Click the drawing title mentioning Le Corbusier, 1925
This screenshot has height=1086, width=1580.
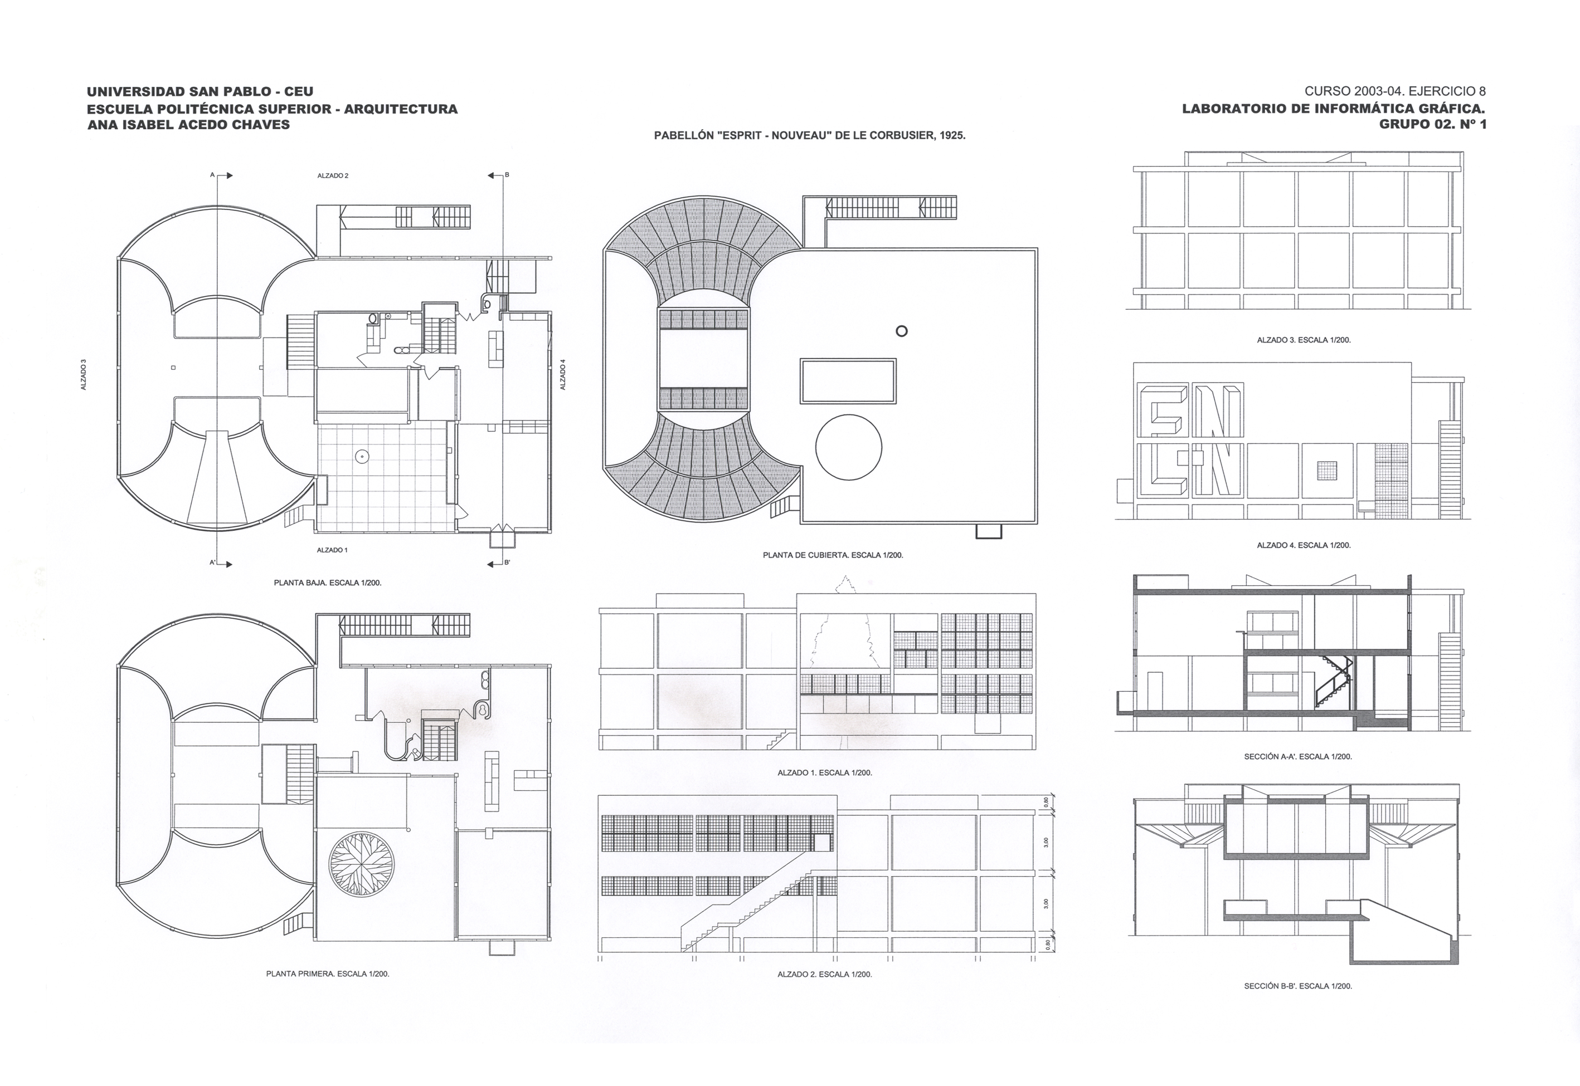(x=809, y=135)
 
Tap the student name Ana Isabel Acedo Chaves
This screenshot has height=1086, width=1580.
(x=188, y=125)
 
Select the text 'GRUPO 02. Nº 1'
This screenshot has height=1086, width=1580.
(x=1432, y=125)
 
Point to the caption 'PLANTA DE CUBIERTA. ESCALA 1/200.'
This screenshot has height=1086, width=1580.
(x=833, y=555)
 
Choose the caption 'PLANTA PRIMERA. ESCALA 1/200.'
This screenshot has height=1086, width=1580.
(x=328, y=974)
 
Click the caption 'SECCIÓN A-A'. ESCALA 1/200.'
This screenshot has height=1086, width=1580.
(x=1297, y=756)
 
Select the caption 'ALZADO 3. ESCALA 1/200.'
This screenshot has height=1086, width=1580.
(x=1304, y=340)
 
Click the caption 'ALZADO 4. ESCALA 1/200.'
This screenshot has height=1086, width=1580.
(x=1304, y=545)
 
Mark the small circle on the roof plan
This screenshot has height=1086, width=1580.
(x=901, y=331)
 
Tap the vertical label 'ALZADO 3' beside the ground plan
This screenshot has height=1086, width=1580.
(x=84, y=374)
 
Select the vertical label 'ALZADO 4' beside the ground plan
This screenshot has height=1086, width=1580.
(x=563, y=374)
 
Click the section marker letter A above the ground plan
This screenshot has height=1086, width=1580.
(x=212, y=175)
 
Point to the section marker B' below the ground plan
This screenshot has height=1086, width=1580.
(x=507, y=562)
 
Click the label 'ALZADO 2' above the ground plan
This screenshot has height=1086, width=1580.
(x=333, y=175)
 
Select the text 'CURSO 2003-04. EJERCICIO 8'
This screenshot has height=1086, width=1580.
(x=1395, y=92)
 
